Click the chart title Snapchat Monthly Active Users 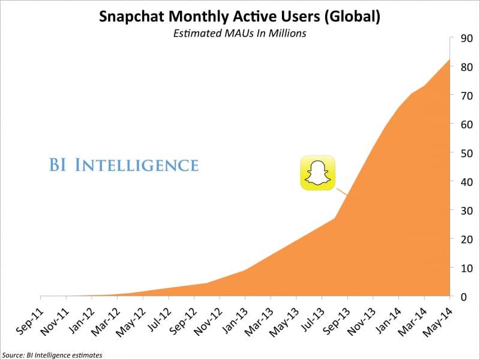pos(240,16)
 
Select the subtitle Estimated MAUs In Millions pos(240,34)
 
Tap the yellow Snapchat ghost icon pos(317,174)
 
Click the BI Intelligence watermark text pos(123,164)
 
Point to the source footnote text pos(52,355)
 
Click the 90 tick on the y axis pos(465,38)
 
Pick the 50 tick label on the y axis pos(465,153)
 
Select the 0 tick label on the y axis pos(463,296)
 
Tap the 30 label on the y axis pos(465,211)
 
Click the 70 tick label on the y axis pos(465,96)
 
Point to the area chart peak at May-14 pos(449,60)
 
